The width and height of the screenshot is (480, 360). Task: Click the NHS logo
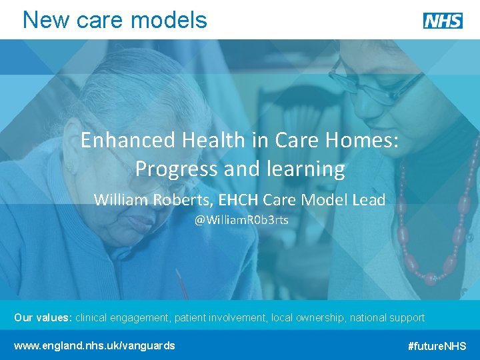point(443,21)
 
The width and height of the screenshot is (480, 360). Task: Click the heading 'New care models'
point(115,20)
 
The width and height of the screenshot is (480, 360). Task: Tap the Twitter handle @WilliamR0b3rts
point(241,220)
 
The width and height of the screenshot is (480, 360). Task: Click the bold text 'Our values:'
point(43,318)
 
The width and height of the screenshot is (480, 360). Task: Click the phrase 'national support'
point(387,318)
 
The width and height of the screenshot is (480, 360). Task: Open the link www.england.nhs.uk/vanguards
point(95,345)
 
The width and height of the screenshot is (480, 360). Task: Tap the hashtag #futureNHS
point(437,346)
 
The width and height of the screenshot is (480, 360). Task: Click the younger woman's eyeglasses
point(373,83)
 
